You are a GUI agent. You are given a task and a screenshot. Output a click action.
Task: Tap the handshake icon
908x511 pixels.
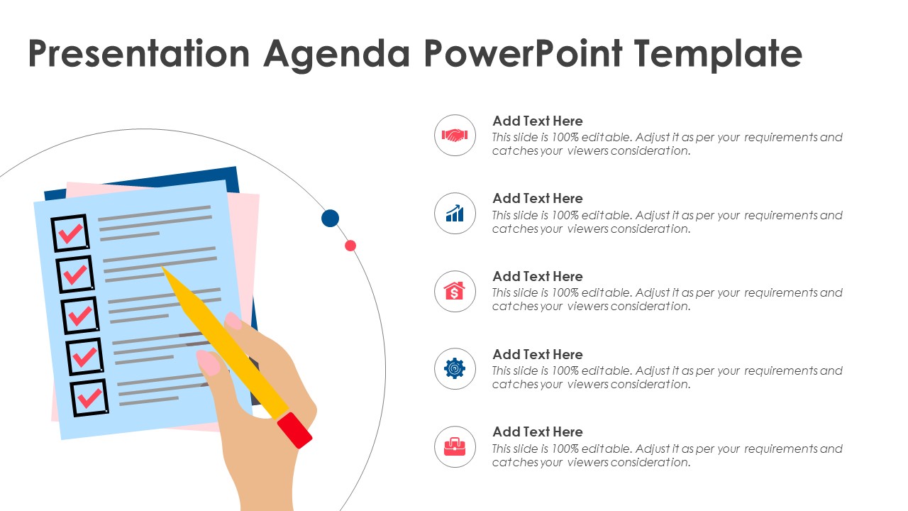455,135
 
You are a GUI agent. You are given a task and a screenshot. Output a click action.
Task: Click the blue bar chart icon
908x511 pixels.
455,213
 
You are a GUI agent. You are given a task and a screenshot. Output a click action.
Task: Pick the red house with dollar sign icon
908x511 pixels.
455,291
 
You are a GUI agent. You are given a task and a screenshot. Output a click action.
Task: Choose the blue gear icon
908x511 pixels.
455,368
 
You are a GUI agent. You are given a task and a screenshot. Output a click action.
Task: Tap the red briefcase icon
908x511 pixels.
455,446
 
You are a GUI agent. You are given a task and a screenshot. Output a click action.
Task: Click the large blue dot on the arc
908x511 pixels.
330,218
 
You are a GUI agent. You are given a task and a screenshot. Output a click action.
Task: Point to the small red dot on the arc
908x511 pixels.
350,246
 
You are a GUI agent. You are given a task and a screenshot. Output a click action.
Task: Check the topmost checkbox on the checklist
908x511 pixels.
70,233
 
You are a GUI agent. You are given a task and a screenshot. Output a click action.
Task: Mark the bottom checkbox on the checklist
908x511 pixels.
89,397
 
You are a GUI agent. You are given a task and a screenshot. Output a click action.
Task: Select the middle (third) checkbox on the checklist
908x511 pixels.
79,315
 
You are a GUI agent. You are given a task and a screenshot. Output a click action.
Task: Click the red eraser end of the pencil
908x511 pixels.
294,430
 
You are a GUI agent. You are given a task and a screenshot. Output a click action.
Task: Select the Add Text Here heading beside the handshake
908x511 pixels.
537,121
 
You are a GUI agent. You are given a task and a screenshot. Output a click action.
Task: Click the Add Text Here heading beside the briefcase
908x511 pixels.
537,432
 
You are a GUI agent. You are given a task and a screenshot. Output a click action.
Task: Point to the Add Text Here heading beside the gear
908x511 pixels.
537,354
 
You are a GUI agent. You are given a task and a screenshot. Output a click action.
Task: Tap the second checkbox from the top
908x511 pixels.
74,274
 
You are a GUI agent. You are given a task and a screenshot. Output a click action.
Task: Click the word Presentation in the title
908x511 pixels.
139,54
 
